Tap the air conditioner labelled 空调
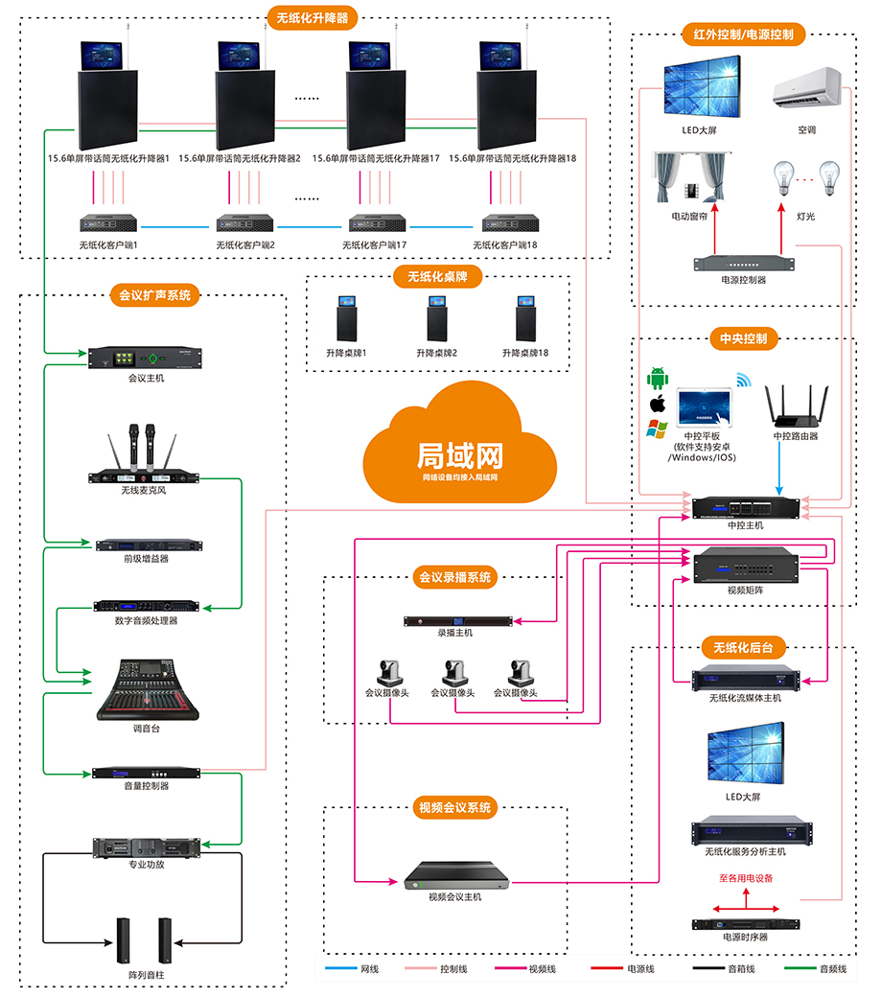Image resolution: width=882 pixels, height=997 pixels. coord(806,91)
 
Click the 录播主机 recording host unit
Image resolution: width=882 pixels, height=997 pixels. coord(454,620)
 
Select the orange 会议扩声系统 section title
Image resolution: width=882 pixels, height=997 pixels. coord(154,295)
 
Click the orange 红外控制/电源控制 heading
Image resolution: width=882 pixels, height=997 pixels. coord(743,35)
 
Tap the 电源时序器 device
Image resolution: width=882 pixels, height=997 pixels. coord(745,924)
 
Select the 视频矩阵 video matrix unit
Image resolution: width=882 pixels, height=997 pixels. coord(745,565)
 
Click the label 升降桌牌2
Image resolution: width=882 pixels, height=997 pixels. coord(436,354)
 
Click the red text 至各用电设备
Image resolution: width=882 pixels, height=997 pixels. coord(745,878)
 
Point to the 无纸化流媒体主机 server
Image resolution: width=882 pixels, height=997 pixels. coord(745,679)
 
